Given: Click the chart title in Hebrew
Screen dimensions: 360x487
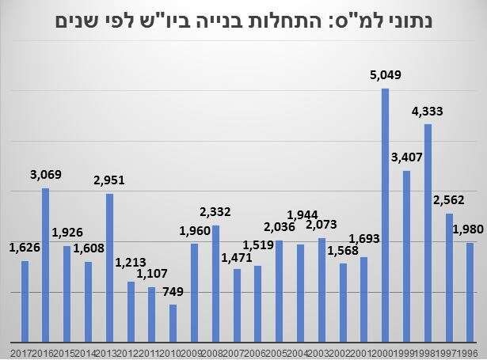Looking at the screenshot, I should point(243,20).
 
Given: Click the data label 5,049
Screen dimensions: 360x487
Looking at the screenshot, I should point(385,76).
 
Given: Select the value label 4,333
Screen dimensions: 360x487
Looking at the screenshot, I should point(428,111).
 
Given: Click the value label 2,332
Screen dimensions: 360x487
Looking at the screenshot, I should point(215,212).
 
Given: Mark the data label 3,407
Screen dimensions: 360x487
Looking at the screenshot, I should point(407,158).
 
